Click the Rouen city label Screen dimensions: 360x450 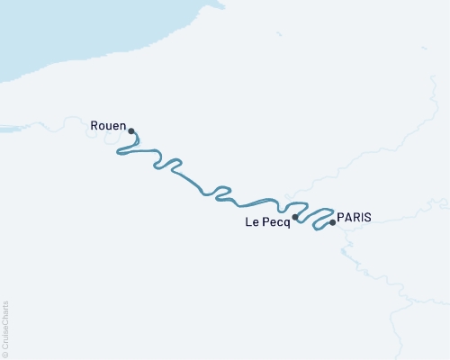108,126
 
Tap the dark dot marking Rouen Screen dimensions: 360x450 132,130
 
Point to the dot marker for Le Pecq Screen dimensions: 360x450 295,217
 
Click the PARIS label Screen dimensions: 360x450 354,217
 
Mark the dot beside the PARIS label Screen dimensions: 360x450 333,222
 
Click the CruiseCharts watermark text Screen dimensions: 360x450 5,328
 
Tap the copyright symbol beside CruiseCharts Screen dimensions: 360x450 5,354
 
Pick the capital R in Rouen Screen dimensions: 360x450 94,126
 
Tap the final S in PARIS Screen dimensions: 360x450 367,217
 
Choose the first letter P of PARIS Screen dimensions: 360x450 340,217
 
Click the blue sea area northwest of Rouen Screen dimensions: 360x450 54,45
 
